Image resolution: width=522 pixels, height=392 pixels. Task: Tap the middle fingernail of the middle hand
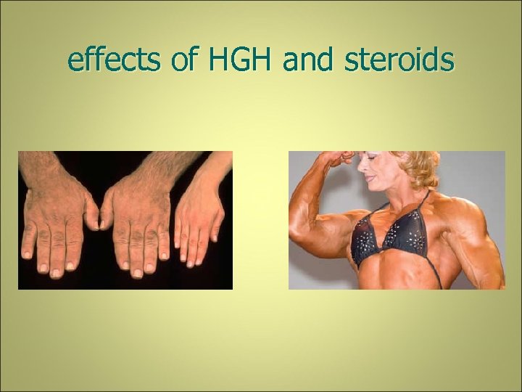click(137, 272)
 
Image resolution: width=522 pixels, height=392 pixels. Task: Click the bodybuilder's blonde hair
click(420, 163)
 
